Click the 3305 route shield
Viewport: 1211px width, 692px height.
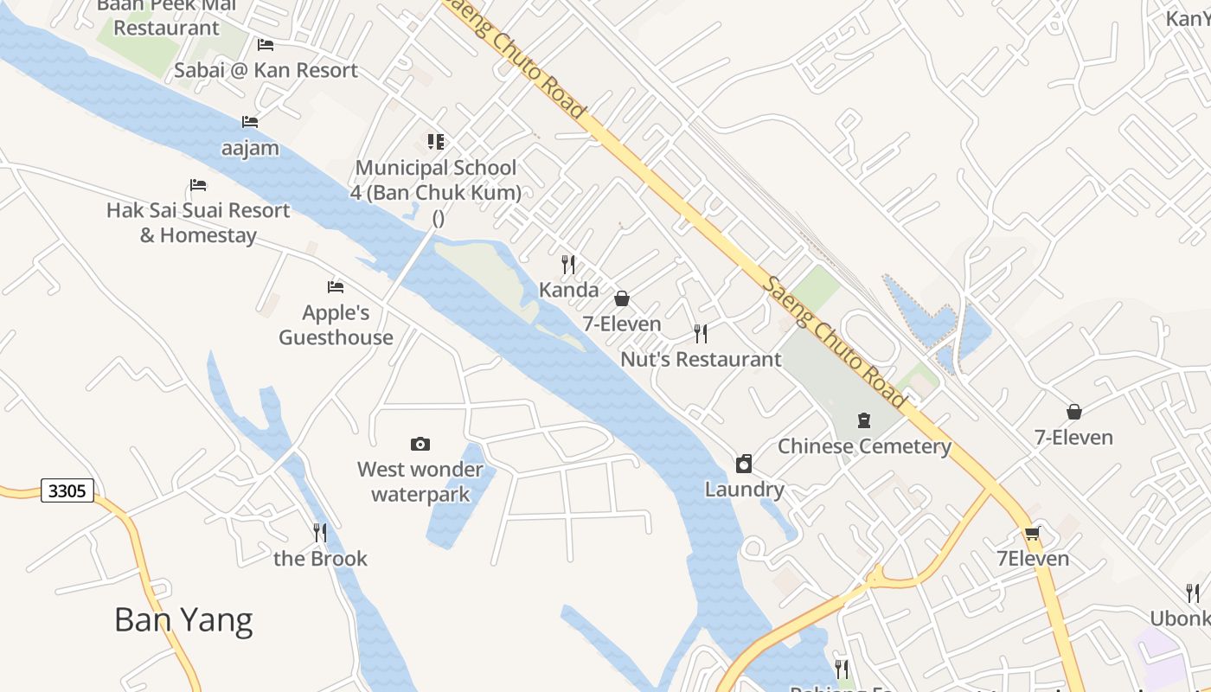click(x=67, y=491)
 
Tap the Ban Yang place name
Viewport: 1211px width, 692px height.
click(x=183, y=620)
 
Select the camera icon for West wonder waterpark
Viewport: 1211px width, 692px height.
click(x=420, y=444)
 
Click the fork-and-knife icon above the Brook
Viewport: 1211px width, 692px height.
click(x=320, y=532)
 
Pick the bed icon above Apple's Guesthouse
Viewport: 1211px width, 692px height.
click(x=336, y=287)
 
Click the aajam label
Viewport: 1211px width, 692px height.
click(x=250, y=148)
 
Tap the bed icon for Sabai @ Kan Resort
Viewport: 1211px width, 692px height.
click(x=266, y=45)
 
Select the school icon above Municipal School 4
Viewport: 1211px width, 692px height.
click(x=436, y=141)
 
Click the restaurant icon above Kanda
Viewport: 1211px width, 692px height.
click(x=568, y=264)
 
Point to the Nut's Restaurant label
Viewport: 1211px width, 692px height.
click(x=701, y=359)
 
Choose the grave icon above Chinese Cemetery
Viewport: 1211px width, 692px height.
click(x=863, y=420)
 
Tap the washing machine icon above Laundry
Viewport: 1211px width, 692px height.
click(x=744, y=464)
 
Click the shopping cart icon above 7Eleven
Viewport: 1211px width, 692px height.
click(x=1031, y=533)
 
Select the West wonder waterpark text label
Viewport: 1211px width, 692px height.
click(x=420, y=482)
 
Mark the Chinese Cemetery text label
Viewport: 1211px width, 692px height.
click(x=864, y=446)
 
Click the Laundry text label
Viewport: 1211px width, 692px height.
click(x=744, y=490)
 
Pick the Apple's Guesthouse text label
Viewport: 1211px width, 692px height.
click(x=336, y=324)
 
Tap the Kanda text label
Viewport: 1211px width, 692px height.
click(x=568, y=290)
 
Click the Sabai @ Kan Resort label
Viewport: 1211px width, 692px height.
click(x=266, y=71)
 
